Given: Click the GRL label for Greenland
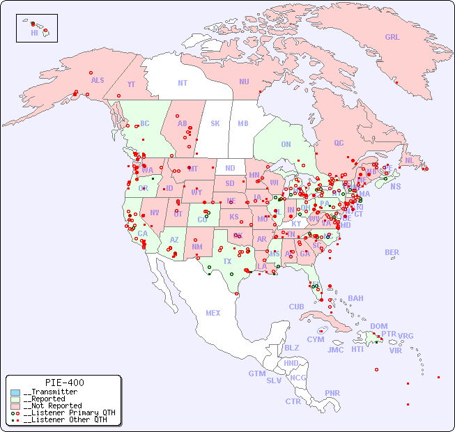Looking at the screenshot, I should point(392,37).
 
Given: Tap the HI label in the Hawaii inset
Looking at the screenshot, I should point(34,32).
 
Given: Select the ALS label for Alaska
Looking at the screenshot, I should point(98,80).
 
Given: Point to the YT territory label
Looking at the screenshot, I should point(131,84).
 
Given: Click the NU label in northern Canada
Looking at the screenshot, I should point(244,82).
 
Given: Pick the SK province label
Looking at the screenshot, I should point(215,123).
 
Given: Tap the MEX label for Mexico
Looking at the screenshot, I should point(213,313).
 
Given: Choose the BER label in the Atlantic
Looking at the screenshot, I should point(392,252).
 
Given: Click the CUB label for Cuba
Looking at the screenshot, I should point(296,307).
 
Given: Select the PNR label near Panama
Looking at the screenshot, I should point(332,393).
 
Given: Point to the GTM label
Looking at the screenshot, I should point(256,373).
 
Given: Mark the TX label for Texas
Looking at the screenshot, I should point(227,261).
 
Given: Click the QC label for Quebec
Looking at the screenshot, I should point(339,143).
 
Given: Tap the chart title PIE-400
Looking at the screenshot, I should point(64,383).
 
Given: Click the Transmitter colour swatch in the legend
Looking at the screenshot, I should point(15,392).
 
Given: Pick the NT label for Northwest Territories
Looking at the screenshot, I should point(182,82).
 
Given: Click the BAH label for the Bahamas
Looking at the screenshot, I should point(355,298).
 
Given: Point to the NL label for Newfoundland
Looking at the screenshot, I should point(410,160).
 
